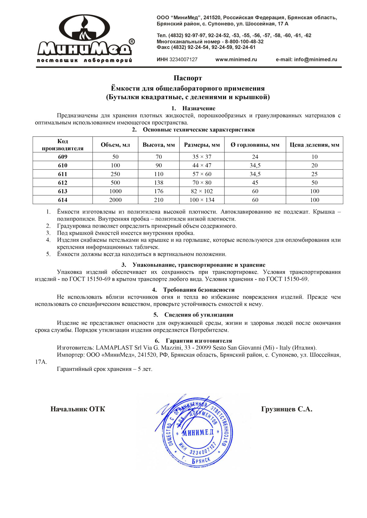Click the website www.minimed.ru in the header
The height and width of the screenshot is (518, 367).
[236, 60]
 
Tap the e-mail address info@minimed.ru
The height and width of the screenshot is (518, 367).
[315, 60]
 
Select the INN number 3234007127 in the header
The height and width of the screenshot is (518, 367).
[183, 60]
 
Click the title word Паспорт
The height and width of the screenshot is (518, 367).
[188, 78]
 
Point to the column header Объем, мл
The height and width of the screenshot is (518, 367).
[115, 145]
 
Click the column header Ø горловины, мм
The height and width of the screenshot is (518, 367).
[255, 145]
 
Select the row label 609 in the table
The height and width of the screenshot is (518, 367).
[63, 157]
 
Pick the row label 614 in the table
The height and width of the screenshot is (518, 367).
[63, 200]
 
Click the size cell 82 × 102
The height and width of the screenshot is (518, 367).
[202, 191]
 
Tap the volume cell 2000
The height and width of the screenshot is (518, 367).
[115, 200]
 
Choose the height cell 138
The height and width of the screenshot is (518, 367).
[159, 183]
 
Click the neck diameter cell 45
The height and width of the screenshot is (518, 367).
[255, 183]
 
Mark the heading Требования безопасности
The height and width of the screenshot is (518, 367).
[199, 290]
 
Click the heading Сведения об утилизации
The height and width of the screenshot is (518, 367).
[199, 315]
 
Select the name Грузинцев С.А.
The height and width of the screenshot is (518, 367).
[287, 409]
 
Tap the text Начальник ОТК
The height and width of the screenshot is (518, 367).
[78, 409]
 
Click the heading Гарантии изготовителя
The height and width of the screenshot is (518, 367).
[199, 341]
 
